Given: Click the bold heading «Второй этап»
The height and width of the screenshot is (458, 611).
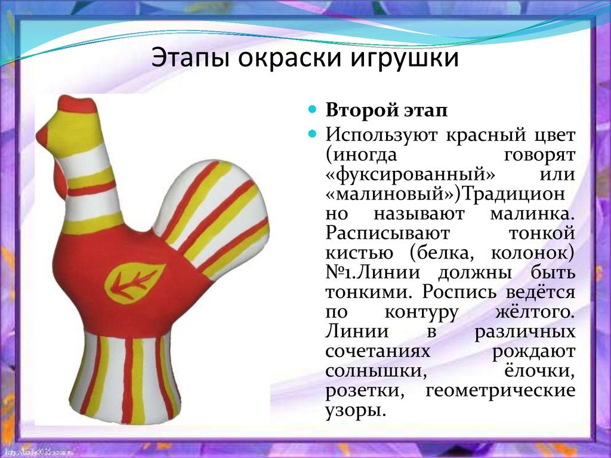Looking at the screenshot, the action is pyautogui.click(x=387, y=110).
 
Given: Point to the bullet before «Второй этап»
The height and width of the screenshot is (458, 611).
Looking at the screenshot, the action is pyautogui.click(x=312, y=109).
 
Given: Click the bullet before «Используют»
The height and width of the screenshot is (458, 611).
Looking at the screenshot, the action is pyautogui.click(x=312, y=134).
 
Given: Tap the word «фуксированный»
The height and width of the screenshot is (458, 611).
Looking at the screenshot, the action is pyautogui.click(x=410, y=174).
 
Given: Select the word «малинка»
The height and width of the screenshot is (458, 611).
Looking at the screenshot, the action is pyautogui.click(x=532, y=213).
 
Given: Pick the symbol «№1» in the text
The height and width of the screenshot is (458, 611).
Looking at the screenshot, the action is pyautogui.click(x=340, y=272).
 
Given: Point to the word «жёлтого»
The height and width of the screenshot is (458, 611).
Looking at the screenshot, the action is pyautogui.click(x=535, y=312).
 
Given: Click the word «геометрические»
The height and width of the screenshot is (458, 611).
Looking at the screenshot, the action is pyautogui.click(x=501, y=391).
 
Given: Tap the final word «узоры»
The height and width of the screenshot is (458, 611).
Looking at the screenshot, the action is pyautogui.click(x=356, y=410).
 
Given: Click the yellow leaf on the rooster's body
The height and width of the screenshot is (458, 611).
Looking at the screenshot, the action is pyautogui.click(x=134, y=282).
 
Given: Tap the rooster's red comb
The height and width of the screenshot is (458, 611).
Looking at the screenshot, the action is pyautogui.click(x=77, y=104).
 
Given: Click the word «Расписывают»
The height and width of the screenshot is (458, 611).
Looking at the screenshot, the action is pyautogui.click(x=388, y=233).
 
